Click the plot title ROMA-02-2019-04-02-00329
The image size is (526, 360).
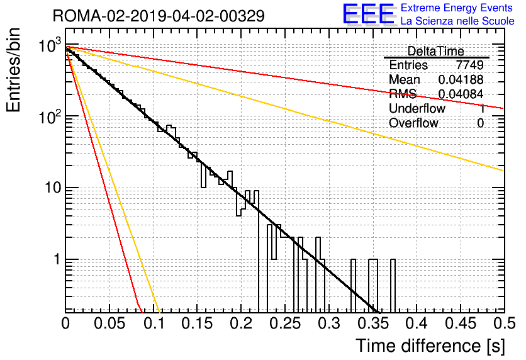(x=159, y=16)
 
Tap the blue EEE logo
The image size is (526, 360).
(x=369, y=14)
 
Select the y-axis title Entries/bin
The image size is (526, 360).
(x=13, y=70)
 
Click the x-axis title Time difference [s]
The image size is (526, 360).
(x=430, y=346)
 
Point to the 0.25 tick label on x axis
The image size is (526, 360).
(x=286, y=323)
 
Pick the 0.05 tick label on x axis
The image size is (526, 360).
(x=109, y=323)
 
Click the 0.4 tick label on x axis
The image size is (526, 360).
(x=417, y=323)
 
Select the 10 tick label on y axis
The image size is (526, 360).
(x=53, y=188)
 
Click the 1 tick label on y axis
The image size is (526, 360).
(x=57, y=259)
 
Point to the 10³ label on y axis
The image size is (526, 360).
(x=50, y=45)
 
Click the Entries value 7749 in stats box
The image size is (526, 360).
(x=469, y=65)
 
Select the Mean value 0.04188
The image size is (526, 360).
(x=461, y=79)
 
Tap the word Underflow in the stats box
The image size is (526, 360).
(x=417, y=108)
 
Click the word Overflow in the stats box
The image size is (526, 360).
(x=413, y=123)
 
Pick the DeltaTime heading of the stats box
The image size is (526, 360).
(x=436, y=51)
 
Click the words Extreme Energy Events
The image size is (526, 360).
(x=457, y=8)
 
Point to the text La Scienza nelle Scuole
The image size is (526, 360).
(x=457, y=21)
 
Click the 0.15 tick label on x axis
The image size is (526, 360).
(x=198, y=323)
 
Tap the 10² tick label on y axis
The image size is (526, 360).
(x=50, y=117)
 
